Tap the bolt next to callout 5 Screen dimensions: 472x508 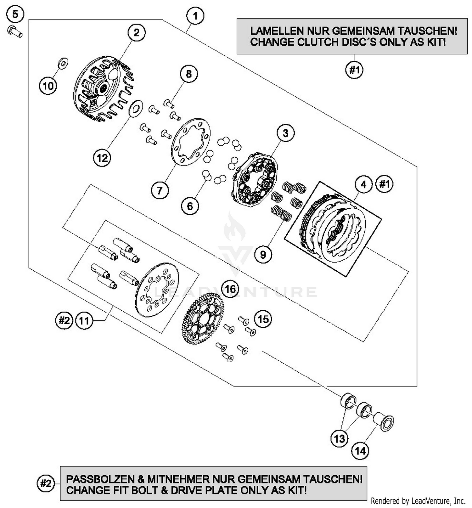pos(14,31)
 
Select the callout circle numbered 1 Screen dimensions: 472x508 pos(195,16)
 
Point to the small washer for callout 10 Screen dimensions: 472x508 pos(63,63)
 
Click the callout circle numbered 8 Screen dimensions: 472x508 pos(189,74)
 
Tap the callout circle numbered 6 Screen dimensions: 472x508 pos(190,206)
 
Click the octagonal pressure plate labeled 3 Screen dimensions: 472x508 pos(255,179)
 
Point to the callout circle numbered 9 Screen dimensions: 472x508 pos(263,254)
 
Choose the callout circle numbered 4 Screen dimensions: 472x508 pos(364,184)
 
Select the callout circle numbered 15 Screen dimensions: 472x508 pos(263,319)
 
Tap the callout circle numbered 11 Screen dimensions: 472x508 pos(84,321)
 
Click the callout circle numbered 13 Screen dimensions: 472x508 pos(340,438)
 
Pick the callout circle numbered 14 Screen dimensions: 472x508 pos(360,451)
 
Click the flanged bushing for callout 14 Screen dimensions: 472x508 pos(384,422)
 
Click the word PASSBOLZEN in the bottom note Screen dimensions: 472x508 pos(100,479)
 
